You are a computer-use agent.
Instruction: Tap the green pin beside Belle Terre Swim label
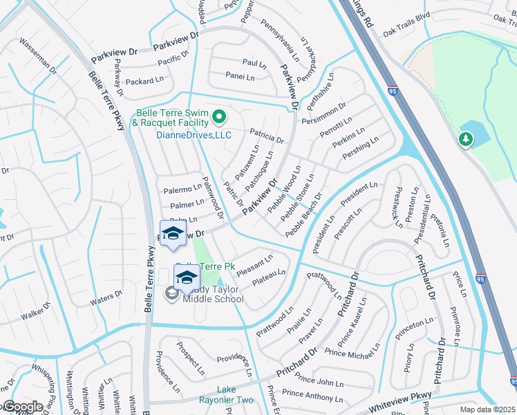click(x=219, y=116)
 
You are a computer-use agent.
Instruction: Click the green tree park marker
click(x=467, y=140)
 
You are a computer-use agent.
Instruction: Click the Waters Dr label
click(x=106, y=295)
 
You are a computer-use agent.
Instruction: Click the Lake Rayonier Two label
click(x=226, y=395)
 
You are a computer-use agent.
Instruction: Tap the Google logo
click(x=22, y=407)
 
